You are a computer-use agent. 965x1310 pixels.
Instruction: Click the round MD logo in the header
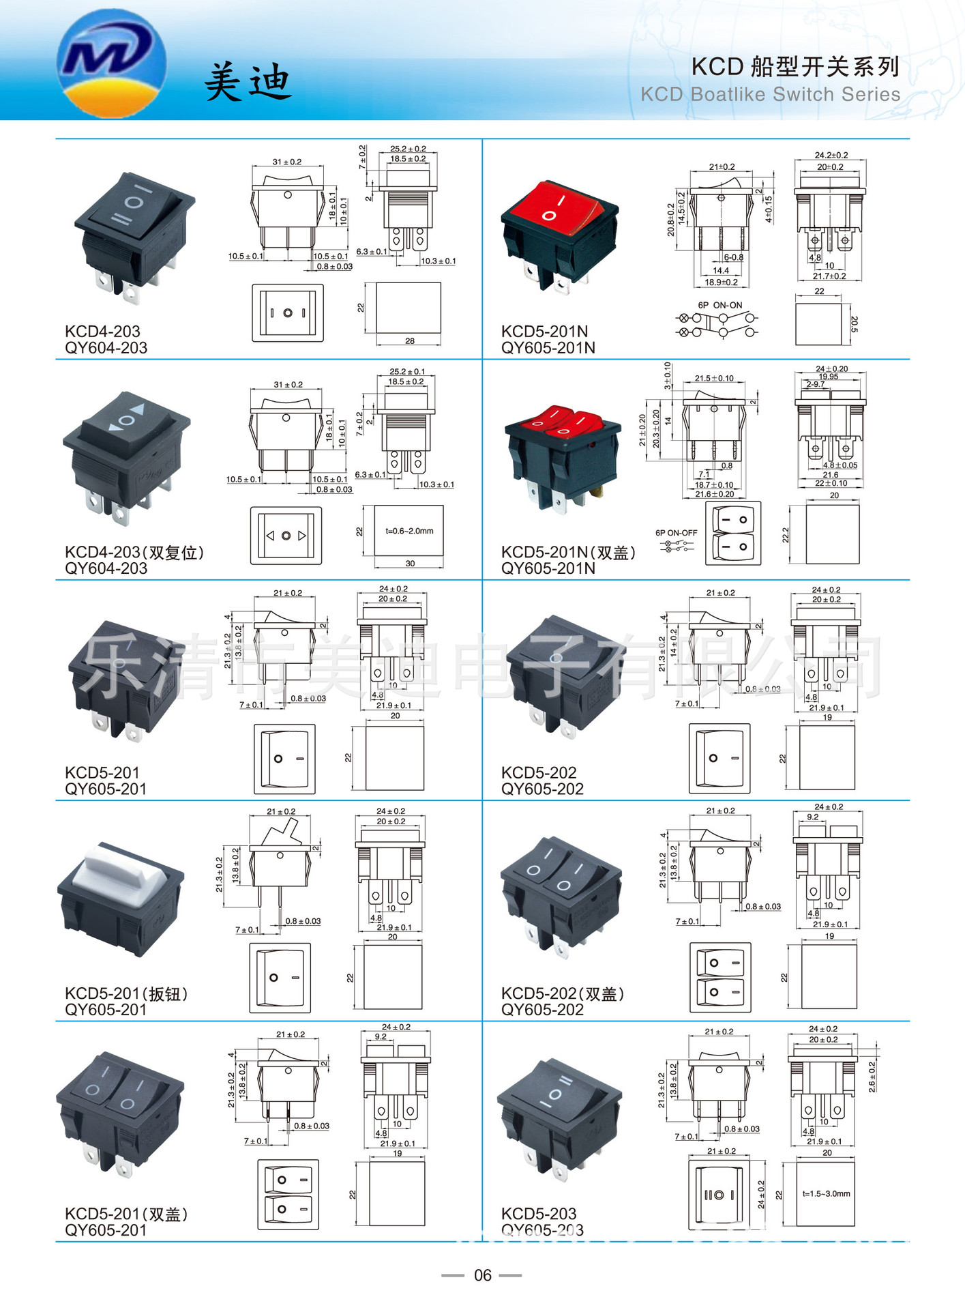point(112,63)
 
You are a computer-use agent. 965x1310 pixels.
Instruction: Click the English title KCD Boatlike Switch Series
point(770,95)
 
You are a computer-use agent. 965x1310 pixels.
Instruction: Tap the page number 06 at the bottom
point(482,1275)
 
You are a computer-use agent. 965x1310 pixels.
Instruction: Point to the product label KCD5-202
point(539,772)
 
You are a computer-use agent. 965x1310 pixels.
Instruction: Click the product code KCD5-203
point(539,1214)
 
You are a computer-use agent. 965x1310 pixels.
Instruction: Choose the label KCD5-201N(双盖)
point(568,552)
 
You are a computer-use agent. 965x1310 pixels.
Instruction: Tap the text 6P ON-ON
point(719,305)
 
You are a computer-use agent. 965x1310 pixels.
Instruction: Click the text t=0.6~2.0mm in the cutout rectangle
point(409,531)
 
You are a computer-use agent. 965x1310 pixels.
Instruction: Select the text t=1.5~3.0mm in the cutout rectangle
point(826,1194)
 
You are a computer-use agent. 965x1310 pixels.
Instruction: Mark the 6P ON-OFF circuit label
point(676,533)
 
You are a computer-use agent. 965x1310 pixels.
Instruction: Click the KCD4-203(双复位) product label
point(134,552)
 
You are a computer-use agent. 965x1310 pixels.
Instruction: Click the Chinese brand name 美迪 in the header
point(248,82)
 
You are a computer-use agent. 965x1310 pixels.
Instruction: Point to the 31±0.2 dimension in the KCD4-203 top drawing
point(287,162)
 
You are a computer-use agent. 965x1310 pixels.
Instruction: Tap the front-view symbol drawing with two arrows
point(286,536)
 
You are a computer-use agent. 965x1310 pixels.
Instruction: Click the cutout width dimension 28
point(409,340)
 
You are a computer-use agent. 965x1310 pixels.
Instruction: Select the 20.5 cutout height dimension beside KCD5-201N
point(853,324)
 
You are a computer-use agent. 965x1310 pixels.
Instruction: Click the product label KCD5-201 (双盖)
point(126,1214)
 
